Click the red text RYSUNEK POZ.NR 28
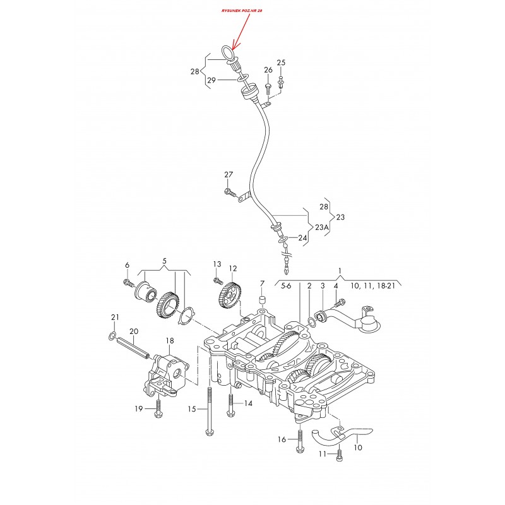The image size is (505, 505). click(x=242, y=11)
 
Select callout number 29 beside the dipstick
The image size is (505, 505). click(x=211, y=80)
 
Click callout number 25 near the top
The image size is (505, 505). click(x=281, y=62)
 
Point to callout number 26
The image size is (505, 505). click(x=268, y=70)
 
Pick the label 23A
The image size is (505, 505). click(x=322, y=227)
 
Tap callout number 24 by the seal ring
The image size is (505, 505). click(x=302, y=238)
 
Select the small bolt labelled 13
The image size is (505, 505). click(x=218, y=281)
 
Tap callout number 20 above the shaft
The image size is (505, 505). click(x=134, y=331)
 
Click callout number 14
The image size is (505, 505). click(x=248, y=403)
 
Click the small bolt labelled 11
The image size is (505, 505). click(x=339, y=454)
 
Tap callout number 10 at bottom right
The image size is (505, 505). click(x=358, y=447)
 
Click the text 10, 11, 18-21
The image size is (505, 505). click(x=372, y=285)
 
